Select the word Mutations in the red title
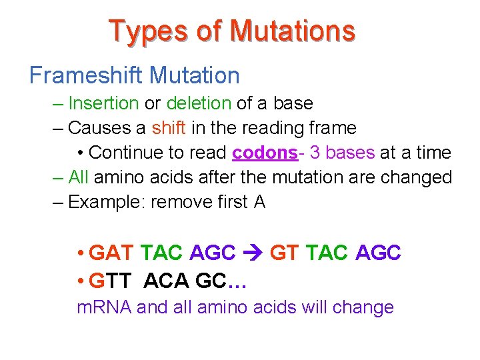click(292, 31)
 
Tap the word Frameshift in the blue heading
click(87, 75)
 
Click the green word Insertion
click(103, 103)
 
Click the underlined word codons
click(264, 153)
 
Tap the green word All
click(78, 177)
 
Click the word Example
click(105, 202)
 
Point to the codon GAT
click(111, 253)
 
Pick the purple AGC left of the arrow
click(213, 253)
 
